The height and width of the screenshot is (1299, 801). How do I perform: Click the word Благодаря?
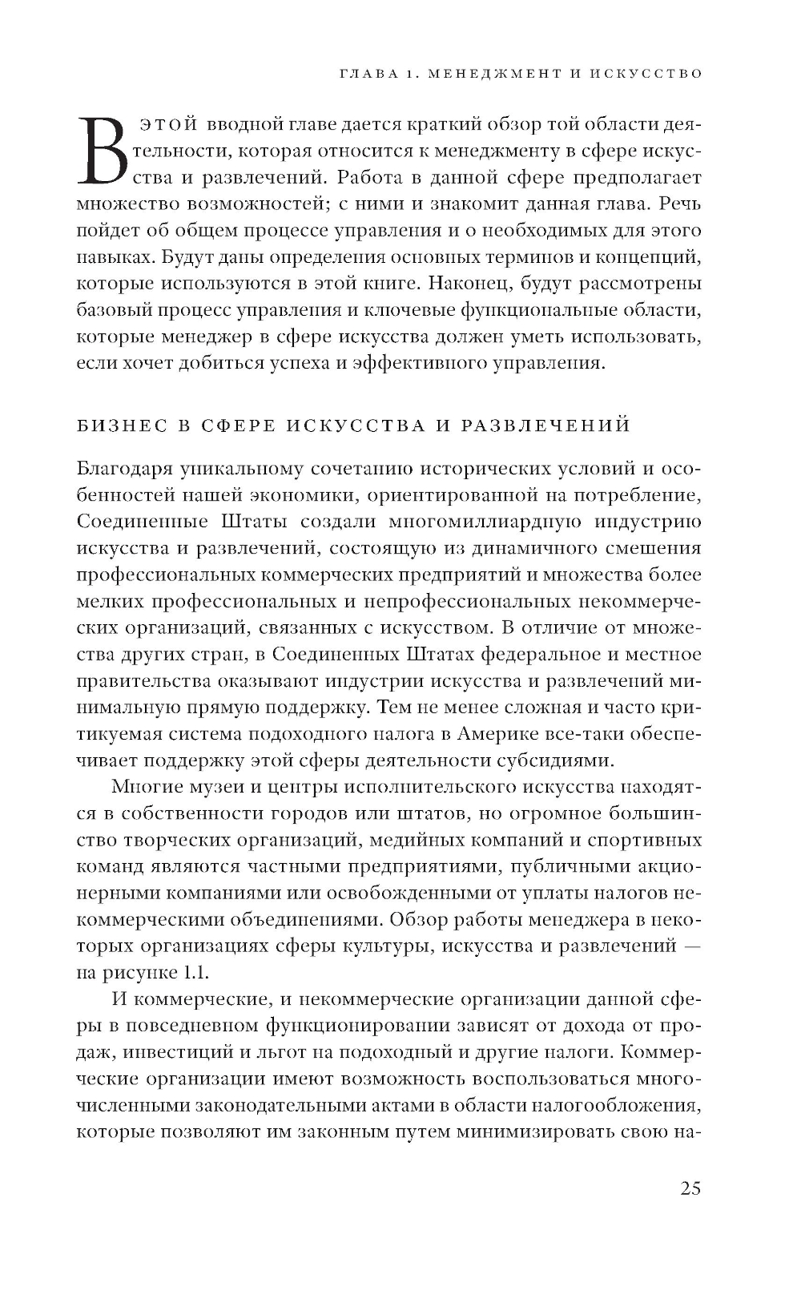(x=123, y=469)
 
